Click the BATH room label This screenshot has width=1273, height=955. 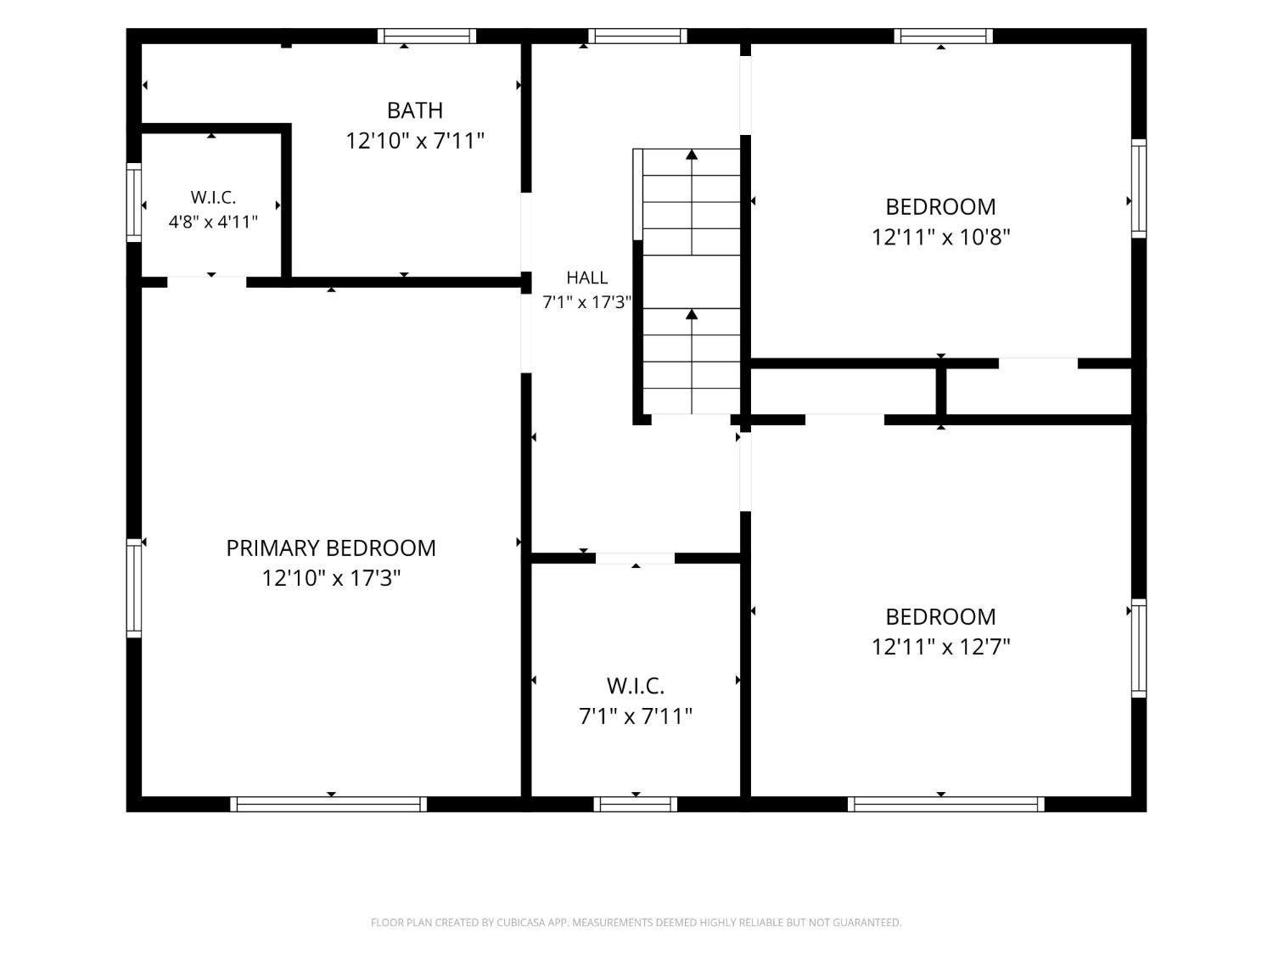point(415,110)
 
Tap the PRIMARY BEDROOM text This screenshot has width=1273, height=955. point(331,548)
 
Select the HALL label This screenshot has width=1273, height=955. point(587,278)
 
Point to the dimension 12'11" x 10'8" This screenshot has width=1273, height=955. point(940,237)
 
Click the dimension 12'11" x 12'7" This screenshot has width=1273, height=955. point(940,647)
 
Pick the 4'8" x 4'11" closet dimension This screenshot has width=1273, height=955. point(213,222)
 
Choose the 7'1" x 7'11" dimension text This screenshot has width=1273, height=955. point(636,716)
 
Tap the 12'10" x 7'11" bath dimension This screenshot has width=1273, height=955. point(415,141)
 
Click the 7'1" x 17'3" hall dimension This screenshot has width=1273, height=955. point(587,302)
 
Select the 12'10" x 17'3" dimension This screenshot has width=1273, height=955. point(331,578)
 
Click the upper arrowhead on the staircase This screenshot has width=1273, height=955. point(692,154)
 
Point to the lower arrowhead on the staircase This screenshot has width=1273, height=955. point(692,314)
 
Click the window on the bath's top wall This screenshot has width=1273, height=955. point(427,36)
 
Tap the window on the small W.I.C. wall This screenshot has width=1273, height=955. point(134,202)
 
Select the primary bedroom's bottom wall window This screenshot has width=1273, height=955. point(328,804)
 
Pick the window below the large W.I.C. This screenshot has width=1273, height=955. point(635,804)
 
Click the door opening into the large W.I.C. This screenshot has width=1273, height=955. point(635,559)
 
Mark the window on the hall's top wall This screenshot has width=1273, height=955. point(637,36)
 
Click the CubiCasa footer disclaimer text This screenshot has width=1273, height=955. point(636,923)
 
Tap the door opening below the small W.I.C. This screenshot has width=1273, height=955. point(207,283)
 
